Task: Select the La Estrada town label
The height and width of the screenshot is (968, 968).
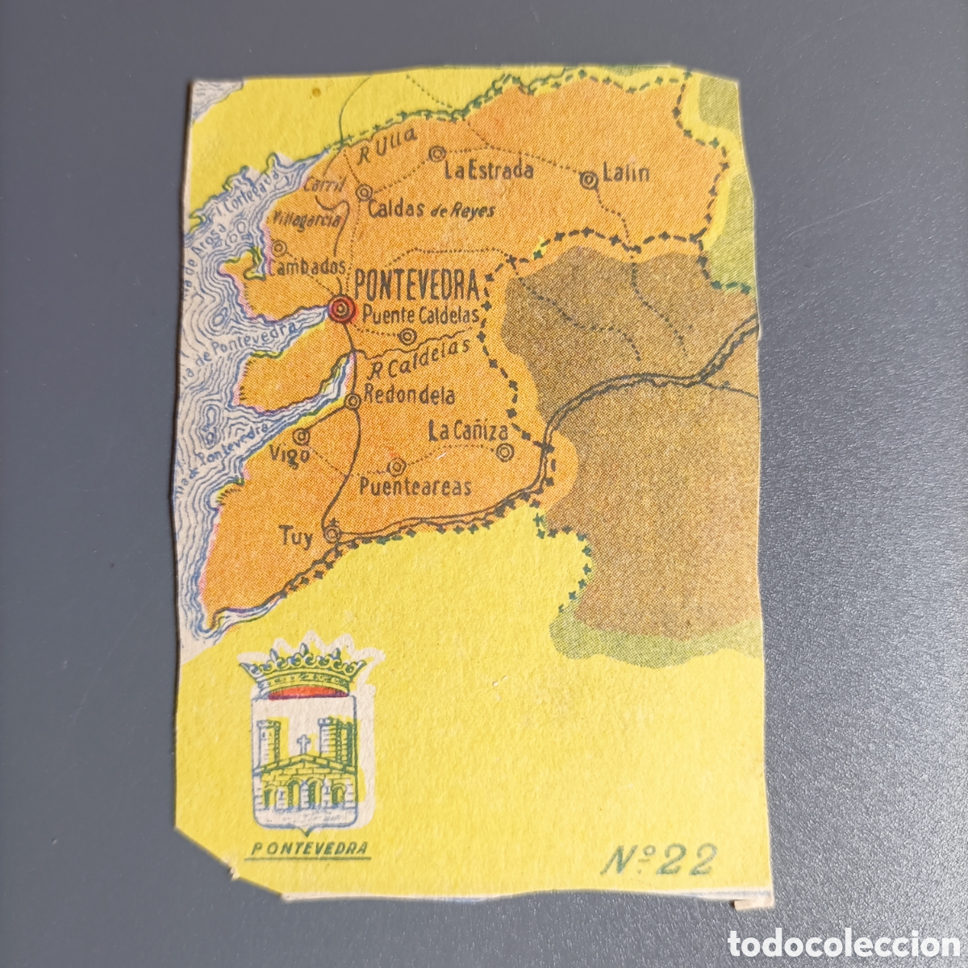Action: tap(489, 170)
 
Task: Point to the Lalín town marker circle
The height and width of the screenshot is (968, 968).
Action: tap(590, 179)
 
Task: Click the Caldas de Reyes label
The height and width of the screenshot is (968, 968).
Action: tap(430, 209)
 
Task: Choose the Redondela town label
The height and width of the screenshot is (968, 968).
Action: tap(409, 395)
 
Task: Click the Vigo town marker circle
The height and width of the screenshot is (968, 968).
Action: tap(302, 436)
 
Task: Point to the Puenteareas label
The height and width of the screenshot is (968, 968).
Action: tap(415, 486)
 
